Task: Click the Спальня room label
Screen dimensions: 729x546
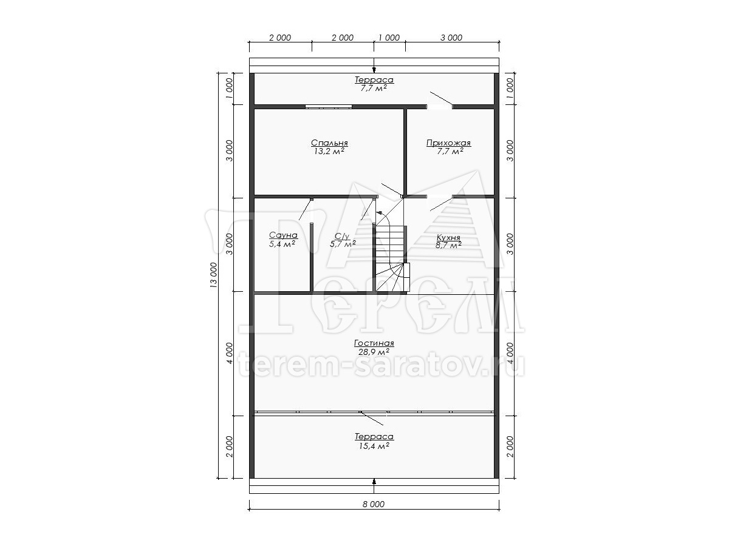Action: point(329,143)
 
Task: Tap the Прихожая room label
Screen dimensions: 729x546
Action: point(448,143)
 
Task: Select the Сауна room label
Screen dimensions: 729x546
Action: point(283,235)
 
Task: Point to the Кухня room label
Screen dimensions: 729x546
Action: point(448,237)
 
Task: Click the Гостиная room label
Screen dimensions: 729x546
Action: point(374,343)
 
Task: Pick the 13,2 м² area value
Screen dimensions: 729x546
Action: point(329,152)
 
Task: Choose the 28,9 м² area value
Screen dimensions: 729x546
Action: point(374,352)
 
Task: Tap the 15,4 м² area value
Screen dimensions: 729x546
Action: point(374,446)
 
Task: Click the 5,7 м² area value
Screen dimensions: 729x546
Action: point(343,244)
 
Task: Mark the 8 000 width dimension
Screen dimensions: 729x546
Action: point(374,504)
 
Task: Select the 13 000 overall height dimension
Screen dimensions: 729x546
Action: point(214,275)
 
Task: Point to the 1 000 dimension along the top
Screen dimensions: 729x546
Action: point(389,38)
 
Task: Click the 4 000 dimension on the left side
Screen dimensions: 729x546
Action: point(230,353)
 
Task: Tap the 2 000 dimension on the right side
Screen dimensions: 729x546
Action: point(510,447)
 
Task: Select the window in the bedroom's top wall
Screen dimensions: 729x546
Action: point(329,106)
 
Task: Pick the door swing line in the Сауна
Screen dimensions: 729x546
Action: point(306,209)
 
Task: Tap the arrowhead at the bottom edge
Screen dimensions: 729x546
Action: point(374,482)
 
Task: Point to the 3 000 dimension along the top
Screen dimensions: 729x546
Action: point(451,38)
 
